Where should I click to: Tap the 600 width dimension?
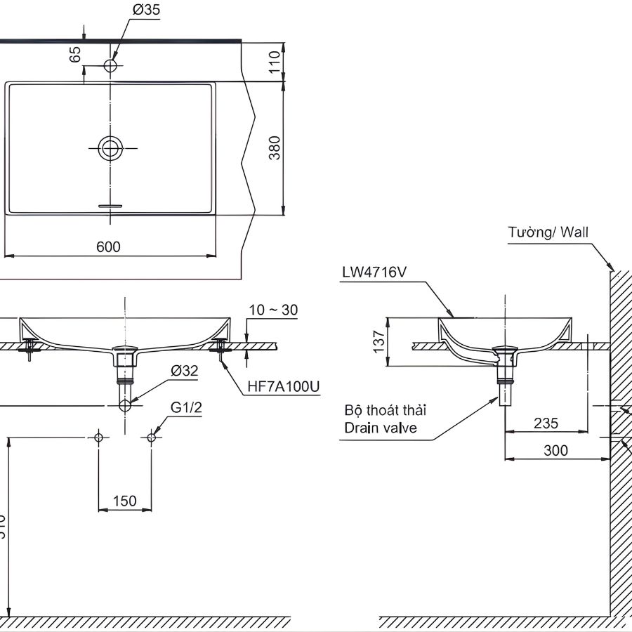[109, 246]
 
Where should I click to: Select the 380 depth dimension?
[275, 147]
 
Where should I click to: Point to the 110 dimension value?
[275, 62]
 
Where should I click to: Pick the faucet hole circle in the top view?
[110, 65]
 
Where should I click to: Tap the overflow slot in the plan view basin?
[110, 205]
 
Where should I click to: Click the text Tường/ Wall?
[548, 232]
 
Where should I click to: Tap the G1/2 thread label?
[185, 407]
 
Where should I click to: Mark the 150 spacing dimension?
[124, 501]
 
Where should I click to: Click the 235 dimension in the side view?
[546, 423]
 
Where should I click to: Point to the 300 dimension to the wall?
[555, 450]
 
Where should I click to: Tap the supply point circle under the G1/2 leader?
[151, 437]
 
